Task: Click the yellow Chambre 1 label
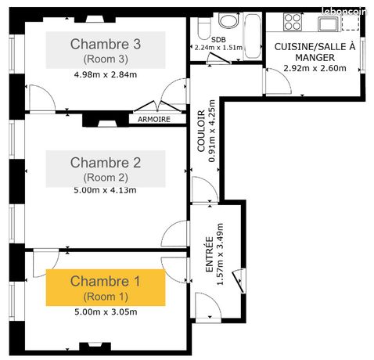(x=106, y=287)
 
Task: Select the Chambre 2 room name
(x=106, y=163)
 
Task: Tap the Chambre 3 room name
(x=106, y=43)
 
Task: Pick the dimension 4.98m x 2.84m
(x=106, y=75)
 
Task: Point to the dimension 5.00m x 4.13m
(x=106, y=189)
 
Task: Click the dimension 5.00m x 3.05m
(x=106, y=312)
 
